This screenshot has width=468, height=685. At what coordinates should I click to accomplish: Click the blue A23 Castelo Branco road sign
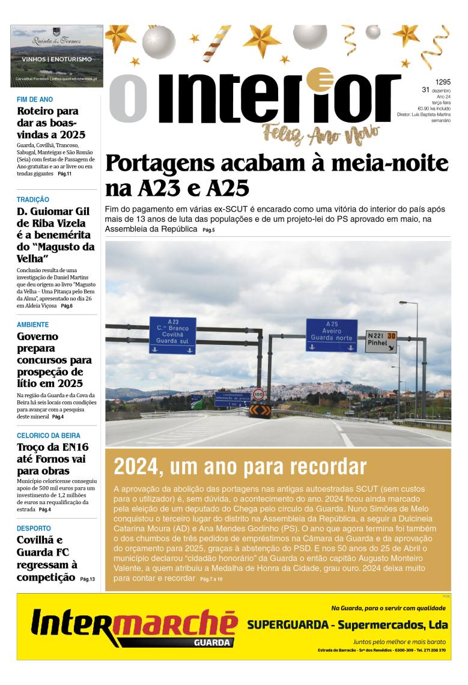click(172, 335)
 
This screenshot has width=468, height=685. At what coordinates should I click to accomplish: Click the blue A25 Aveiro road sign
click(331, 335)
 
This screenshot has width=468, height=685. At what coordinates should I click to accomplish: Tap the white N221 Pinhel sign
click(381, 341)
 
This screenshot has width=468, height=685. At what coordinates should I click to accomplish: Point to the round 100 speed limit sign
click(258, 394)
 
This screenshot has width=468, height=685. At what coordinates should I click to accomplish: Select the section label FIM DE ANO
click(35, 99)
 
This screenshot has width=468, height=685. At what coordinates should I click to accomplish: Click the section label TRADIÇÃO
click(33, 199)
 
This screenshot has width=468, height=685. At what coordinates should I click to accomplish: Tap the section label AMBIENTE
click(33, 324)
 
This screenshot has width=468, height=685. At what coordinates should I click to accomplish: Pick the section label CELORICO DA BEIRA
click(49, 436)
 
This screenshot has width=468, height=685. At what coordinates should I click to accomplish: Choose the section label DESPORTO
click(34, 529)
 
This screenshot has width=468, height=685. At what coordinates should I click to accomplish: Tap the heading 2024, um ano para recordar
click(240, 466)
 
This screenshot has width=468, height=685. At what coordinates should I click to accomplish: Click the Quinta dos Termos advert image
click(56, 56)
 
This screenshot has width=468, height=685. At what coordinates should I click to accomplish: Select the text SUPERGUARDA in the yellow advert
click(288, 625)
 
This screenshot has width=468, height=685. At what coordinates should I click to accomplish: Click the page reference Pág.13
click(87, 579)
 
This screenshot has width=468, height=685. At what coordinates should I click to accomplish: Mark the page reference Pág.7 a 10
click(211, 579)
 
